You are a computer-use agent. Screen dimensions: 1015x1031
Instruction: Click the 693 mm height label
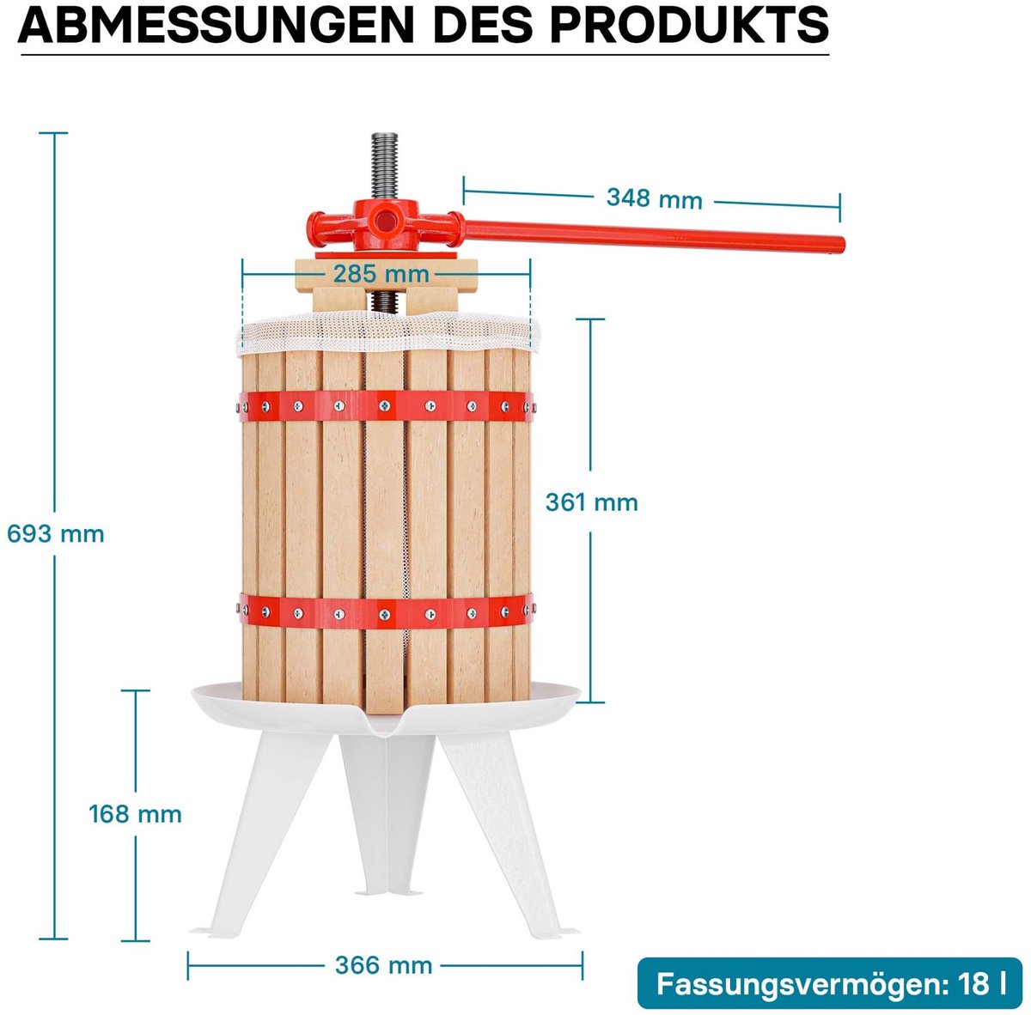(x=56, y=534)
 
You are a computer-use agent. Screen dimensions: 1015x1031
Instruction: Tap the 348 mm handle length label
(x=654, y=198)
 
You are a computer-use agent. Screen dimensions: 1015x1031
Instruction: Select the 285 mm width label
(x=381, y=274)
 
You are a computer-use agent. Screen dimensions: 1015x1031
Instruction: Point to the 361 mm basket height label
(x=591, y=502)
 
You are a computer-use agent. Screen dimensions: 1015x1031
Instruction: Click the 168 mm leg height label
(x=135, y=813)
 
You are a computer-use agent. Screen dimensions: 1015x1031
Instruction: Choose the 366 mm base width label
(x=383, y=965)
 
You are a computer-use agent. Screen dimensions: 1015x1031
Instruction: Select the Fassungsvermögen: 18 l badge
(x=830, y=984)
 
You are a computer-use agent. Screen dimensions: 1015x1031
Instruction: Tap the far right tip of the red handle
(x=839, y=244)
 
